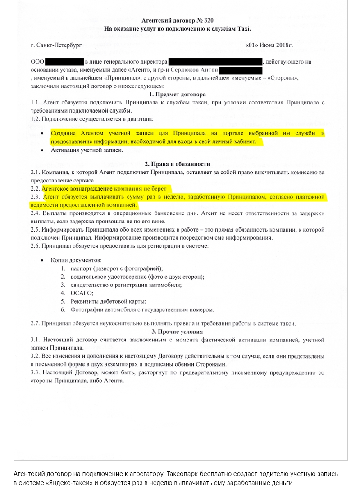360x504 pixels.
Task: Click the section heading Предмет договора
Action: [x=180, y=95]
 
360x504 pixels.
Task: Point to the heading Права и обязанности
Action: [x=180, y=164]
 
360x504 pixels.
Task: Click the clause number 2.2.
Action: [x=36, y=189]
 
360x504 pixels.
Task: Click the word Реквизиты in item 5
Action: [x=86, y=301]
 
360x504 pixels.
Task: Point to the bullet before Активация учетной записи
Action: [x=42, y=151]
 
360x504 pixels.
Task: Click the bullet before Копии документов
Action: [x=42, y=260]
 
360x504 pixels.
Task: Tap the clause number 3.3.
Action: [x=36, y=372]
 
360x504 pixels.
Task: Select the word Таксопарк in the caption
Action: [x=182, y=474]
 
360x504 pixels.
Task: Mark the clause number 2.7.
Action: [x=36, y=323]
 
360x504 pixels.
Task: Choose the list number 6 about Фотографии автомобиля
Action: [x=63, y=309]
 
